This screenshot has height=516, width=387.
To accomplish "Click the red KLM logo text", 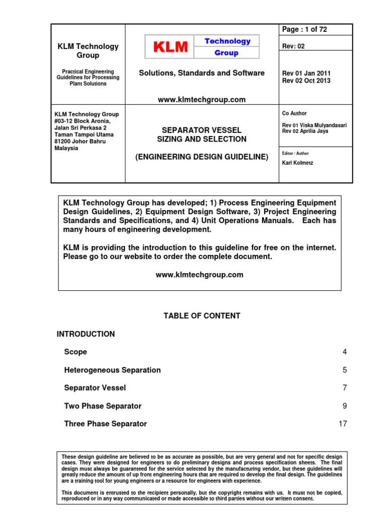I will (x=170, y=47).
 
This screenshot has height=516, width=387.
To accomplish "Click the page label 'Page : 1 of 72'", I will (x=305, y=30).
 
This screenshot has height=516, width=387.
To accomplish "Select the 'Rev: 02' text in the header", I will (x=294, y=46).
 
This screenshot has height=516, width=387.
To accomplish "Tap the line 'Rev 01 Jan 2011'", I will (x=306, y=73).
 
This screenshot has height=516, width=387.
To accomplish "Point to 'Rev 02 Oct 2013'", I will (x=306, y=81).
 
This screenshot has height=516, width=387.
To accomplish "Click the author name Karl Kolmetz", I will (x=298, y=163).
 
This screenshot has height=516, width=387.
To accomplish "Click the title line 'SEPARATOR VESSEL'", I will (x=202, y=131).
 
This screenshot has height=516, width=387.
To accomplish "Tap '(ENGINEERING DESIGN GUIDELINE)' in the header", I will (x=202, y=157).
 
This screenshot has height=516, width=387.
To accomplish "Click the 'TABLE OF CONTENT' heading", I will (x=202, y=316).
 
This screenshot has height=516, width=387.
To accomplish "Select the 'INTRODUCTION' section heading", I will (x=86, y=334).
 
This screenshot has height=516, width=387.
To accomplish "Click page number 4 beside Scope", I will (x=345, y=352).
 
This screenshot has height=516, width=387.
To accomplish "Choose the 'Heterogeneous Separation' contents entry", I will (x=112, y=370).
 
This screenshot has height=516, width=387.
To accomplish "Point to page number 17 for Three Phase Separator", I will (x=343, y=424).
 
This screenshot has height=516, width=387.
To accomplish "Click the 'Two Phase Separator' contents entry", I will (x=103, y=406).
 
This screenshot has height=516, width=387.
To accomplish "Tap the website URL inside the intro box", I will (x=200, y=275).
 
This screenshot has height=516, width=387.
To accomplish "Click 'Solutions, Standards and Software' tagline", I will (x=202, y=73).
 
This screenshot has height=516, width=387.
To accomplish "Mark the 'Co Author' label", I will (x=294, y=113).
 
